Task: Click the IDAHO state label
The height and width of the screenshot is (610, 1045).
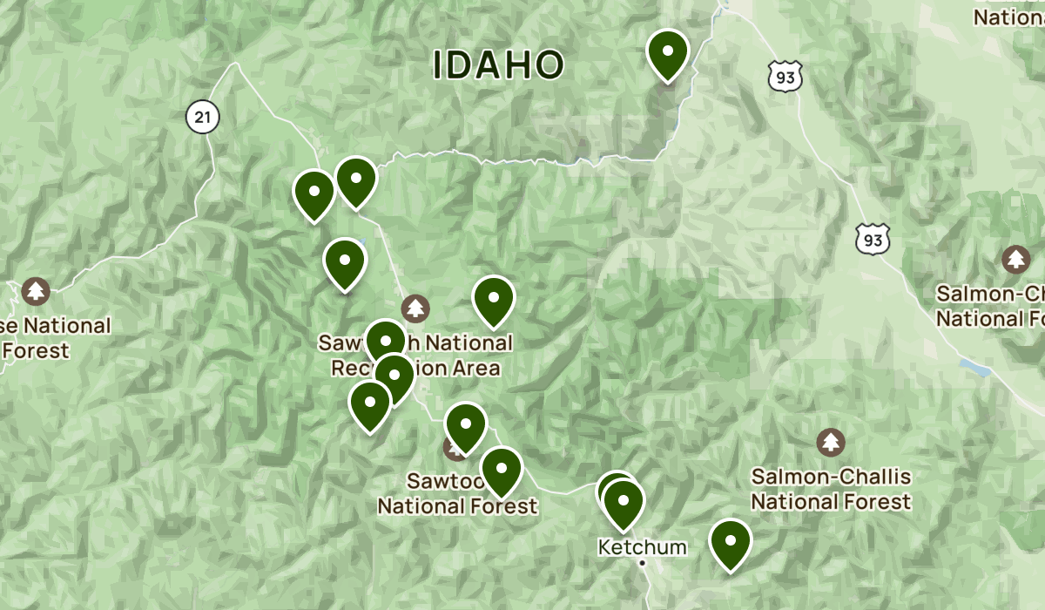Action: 499,65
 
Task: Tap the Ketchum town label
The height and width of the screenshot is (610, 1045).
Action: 642,547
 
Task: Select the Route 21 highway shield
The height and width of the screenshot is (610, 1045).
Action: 202,117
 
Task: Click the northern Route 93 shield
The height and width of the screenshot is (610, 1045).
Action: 785,77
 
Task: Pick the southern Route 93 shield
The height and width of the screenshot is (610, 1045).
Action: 872,238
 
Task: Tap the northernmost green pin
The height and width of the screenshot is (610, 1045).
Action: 668,53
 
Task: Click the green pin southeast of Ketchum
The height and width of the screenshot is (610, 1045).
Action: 731,543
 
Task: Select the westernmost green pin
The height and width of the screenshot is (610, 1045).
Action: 314,194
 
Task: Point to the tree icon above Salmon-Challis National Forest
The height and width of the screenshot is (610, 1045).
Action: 831,442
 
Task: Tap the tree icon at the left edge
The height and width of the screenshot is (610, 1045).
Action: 36,290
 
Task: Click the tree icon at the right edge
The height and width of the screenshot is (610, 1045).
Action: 1015,259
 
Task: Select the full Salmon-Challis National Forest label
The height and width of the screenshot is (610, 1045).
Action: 831,489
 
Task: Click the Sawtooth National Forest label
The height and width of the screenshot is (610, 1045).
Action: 457,493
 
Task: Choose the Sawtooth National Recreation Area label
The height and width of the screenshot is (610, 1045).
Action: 415,356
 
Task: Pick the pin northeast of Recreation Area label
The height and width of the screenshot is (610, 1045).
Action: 494,299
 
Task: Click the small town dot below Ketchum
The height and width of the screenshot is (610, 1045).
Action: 642,564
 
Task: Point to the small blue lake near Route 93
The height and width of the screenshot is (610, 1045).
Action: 974,367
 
